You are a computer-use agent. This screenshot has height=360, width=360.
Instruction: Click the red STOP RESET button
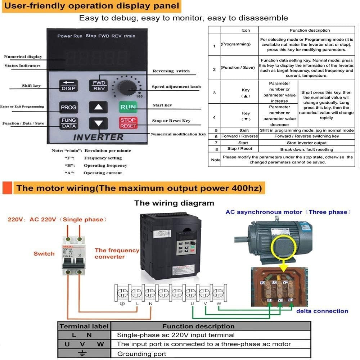click(x=128, y=123)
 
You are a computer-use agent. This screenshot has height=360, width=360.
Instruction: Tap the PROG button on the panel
click(x=68, y=107)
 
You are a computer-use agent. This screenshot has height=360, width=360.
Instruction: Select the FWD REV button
click(x=98, y=85)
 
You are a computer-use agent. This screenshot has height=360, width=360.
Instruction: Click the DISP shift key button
click(x=68, y=85)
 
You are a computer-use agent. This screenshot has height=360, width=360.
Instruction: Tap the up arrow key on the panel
click(x=98, y=107)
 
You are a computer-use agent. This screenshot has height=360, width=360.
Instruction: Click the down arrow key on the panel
click(x=98, y=123)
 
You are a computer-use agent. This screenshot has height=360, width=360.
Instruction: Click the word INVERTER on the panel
click(x=98, y=138)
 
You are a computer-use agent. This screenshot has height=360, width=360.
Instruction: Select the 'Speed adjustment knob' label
click(x=176, y=87)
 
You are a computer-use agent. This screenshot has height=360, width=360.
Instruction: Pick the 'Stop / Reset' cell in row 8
click(x=240, y=149)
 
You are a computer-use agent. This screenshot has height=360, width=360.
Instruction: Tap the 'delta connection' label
click(x=322, y=311)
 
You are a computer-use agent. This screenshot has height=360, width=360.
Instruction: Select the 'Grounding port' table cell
click(x=141, y=354)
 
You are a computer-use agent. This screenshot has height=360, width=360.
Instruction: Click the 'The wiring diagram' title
click(x=174, y=203)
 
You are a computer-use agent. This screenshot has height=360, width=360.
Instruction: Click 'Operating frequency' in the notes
click(x=105, y=166)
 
